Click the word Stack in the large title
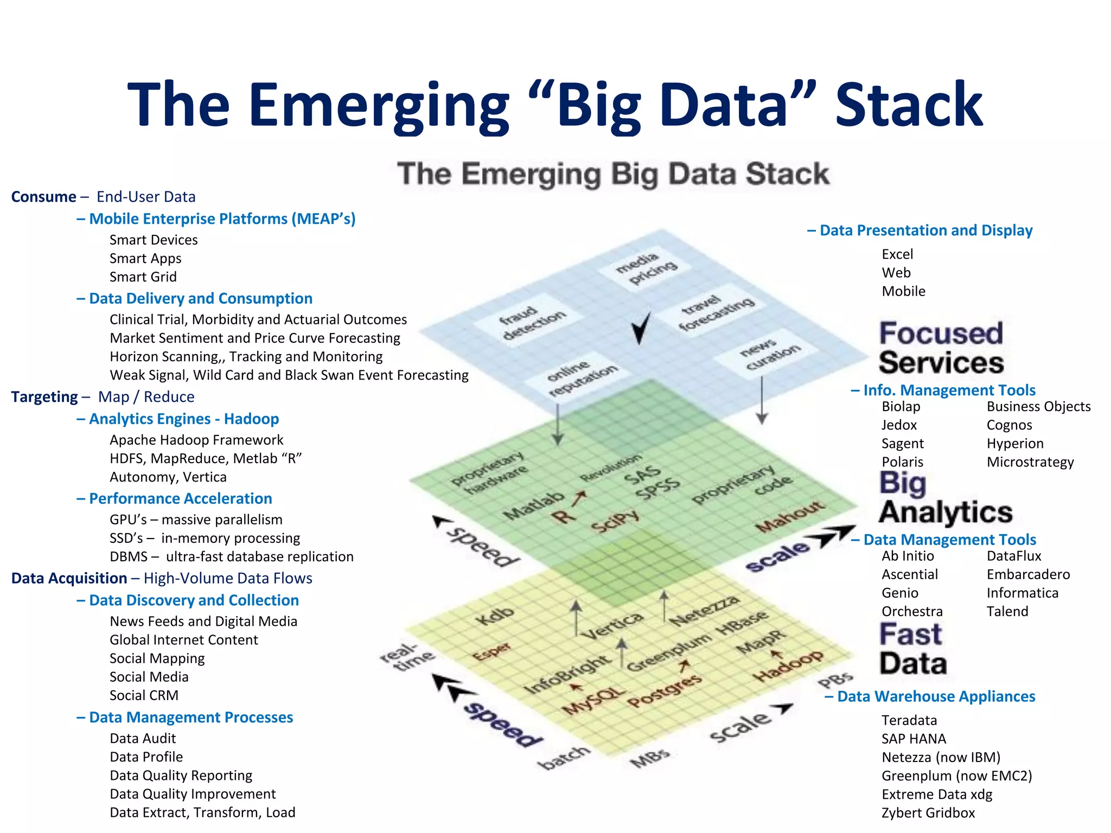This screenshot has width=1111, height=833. pyautogui.click(x=908, y=104)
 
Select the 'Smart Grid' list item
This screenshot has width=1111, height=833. pyautogui.click(x=143, y=277)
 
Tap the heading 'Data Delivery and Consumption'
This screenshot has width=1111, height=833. pyautogui.click(x=200, y=299)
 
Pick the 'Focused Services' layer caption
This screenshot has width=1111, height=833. pyautogui.click(x=941, y=348)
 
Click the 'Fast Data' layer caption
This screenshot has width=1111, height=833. pyautogui.click(x=912, y=649)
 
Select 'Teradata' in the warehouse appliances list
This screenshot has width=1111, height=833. pyautogui.click(x=909, y=720)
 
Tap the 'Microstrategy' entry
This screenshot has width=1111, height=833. pyautogui.click(x=1030, y=462)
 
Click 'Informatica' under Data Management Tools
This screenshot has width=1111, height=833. pyautogui.click(x=1022, y=593)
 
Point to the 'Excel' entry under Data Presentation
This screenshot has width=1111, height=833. pyautogui.click(x=897, y=254)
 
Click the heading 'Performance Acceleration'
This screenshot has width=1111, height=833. pyautogui.click(x=180, y=499)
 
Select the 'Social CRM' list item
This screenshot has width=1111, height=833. pyautogui.click(x=144, y=695)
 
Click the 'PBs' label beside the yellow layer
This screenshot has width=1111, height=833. pyautogui.click(x=835, y=680)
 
